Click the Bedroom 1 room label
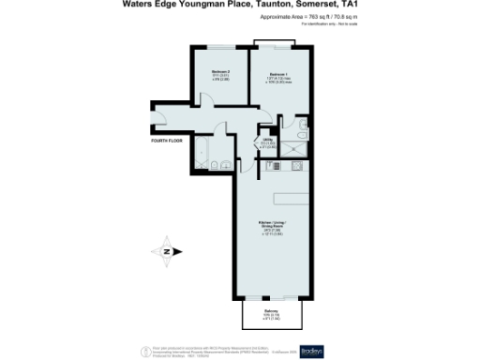pyautogui.click(x=278, y=75)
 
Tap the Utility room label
pyautogui.click(x=266, y=142)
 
